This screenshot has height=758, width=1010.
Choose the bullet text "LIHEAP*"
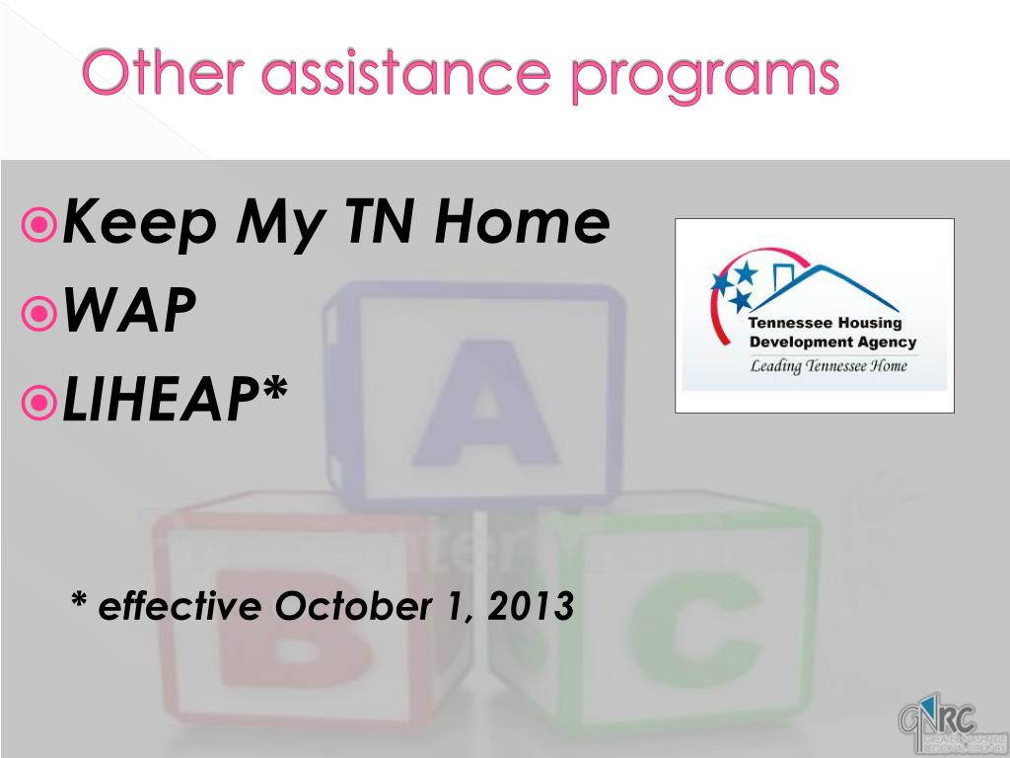point(175,399)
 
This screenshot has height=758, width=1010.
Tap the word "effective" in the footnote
point(179,605)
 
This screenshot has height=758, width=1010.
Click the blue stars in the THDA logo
point(735,284)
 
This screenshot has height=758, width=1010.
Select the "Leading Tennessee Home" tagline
point(829,366)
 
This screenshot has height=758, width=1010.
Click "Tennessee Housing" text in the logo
point(826,324)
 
